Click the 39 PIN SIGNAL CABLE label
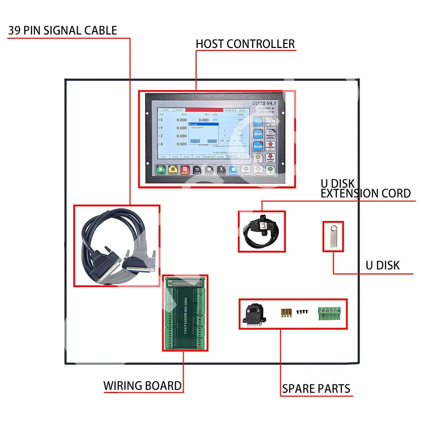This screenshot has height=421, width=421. click(62, 31)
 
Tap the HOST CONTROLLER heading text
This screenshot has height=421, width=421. click(245, 44)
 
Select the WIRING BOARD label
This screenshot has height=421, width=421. click(143, 386)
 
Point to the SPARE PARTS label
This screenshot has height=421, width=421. click(316, 388)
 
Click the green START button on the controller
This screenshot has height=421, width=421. click(161, 170)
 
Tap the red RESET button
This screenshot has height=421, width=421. click(185, 170)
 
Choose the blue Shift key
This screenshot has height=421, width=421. click(258, 133)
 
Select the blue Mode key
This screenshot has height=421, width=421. click(258, 146)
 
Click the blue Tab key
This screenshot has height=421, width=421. click(258, 121)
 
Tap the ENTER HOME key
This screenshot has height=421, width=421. click(270, 158)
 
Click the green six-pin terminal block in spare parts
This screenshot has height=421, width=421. click(329, 314)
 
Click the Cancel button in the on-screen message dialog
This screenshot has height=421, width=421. click(212, 141)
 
